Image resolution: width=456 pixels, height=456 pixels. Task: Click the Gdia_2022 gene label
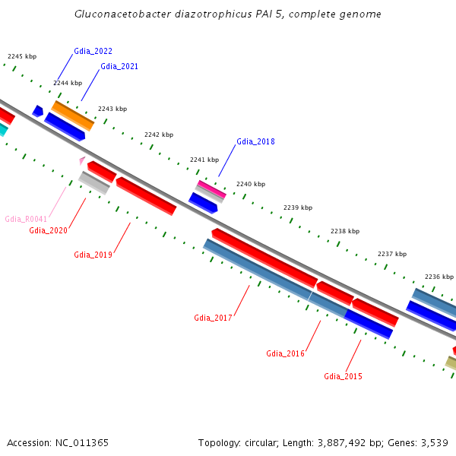tap(93, 51)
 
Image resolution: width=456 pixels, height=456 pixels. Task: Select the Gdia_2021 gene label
tap(119, 66)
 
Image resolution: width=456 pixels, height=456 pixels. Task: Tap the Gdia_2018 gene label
tap(255, 141)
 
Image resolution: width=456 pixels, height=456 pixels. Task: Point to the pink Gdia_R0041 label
tap(26, 219)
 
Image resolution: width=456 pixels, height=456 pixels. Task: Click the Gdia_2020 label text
tap(48, 230)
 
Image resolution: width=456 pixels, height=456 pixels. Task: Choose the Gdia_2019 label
tap(93, 255)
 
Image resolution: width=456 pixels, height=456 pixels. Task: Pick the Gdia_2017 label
tap(213, 318)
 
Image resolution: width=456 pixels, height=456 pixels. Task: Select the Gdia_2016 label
tap(285, 353)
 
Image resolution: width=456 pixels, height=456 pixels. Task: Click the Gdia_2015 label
tap(343, 376)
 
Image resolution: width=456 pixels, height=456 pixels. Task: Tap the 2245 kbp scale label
tap(21, 56)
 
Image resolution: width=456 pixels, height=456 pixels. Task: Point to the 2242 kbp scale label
tap(159, 135)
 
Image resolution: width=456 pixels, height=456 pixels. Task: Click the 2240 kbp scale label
tap(251, 184)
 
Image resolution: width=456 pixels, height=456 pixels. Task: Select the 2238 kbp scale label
tap(345, 231)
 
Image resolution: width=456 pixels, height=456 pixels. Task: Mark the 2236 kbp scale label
tap(439, 277)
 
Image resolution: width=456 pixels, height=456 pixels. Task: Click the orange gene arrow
tap(73, 116)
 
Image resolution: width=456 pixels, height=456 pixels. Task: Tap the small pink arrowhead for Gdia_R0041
tap(82, 160)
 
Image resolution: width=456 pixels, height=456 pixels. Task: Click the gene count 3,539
tap(433, 442)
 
